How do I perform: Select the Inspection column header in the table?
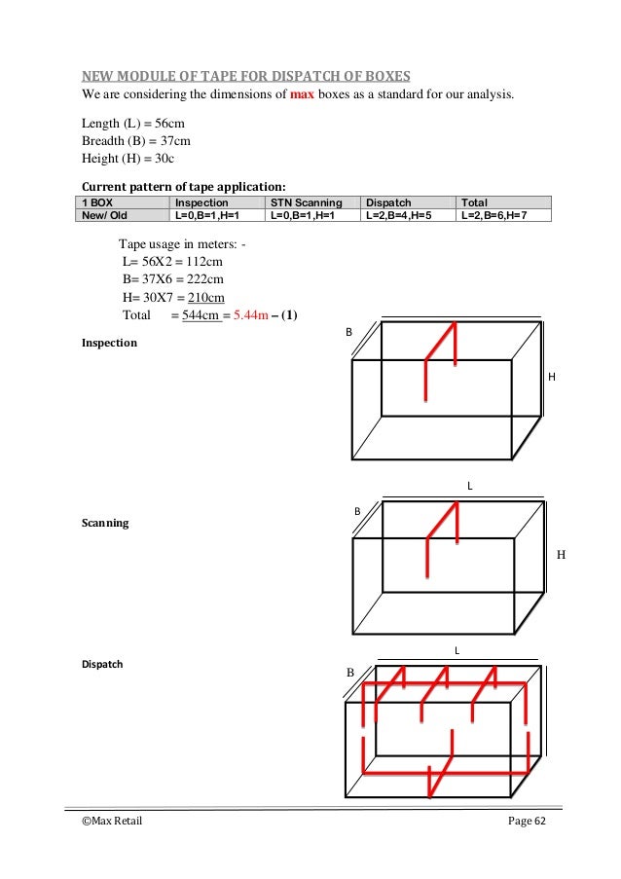click(x=203, y=202)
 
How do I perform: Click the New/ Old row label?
click(x=103, y=215)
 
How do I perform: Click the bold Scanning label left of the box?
click(x=105, y=523)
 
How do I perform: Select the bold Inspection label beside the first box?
click(x=109, y=344)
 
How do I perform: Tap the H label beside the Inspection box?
click(x=553, y=376)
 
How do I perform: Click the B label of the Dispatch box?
click(x=349, y=673)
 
